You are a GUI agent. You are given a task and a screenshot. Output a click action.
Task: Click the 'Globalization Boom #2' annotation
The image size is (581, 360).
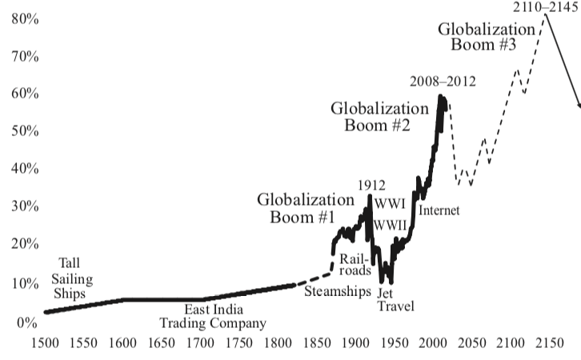coord(379,116)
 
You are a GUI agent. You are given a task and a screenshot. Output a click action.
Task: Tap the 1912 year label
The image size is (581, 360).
coord(372,186)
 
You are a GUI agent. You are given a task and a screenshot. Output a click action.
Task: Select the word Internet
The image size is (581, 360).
coord(439,211)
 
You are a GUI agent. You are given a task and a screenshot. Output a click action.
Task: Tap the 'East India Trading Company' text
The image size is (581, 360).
coord(212,317)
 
